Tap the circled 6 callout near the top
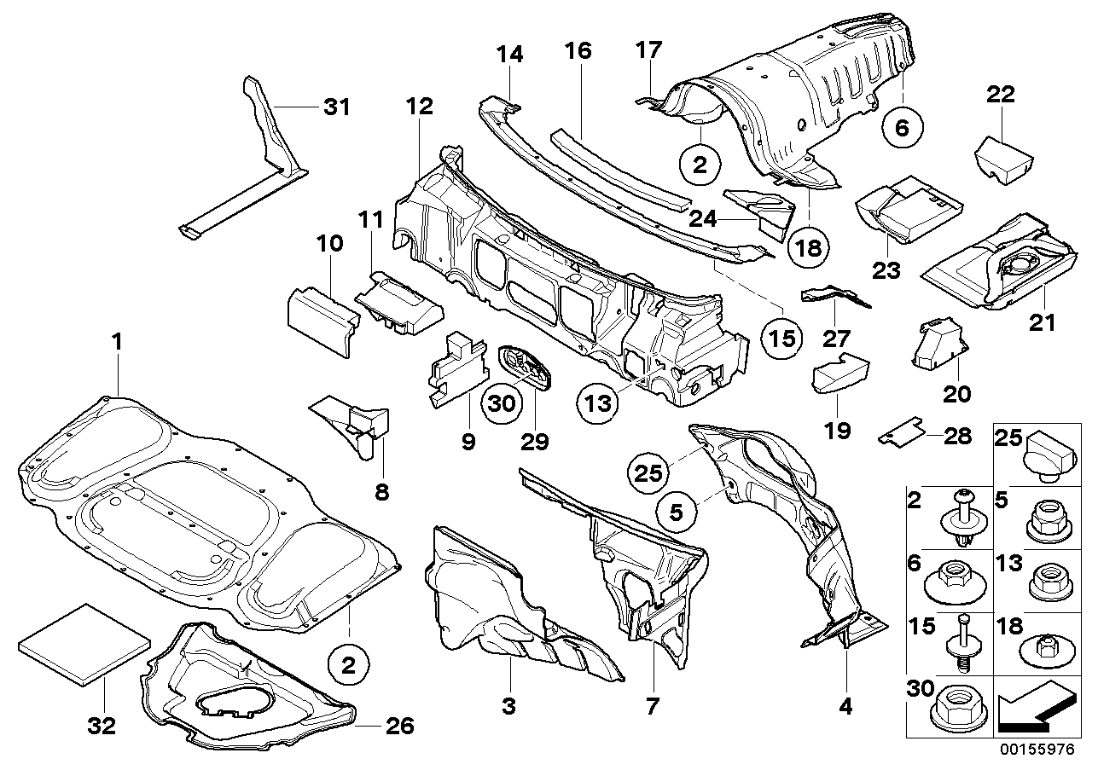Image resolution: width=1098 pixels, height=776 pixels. [x=903, y=128]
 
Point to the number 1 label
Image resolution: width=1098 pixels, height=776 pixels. [x=118, y=343]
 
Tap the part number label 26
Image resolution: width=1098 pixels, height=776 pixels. [x=399, y=727]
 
